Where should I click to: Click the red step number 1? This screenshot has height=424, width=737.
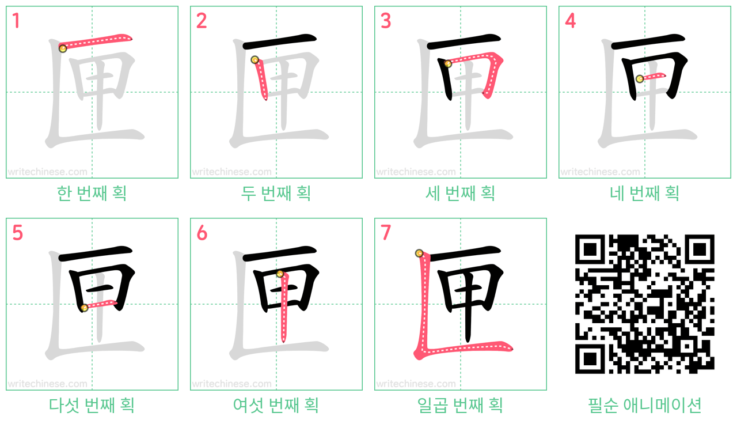click(x=16, y=21)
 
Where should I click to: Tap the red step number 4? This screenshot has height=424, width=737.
click(x=570, y=21)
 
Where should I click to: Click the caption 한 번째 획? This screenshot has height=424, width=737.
click(x=92, y=193)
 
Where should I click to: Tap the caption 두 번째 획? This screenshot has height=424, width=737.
click(x=276, y=193)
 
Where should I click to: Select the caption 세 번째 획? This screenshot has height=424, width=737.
click(x=460, y=193)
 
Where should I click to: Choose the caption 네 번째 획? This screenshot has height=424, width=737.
click(x=644, y=193)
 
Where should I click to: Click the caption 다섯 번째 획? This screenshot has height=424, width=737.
click(x=92, y=405)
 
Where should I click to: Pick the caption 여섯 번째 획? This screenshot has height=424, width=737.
click(x=276, y=405)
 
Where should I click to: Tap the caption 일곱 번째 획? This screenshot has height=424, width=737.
click(x=460, y=405)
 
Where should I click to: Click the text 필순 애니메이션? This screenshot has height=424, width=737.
click(x=644, y=405)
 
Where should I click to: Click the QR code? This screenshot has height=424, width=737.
click(x=644, y=304)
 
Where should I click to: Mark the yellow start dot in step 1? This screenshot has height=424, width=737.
click(x=63, y=49)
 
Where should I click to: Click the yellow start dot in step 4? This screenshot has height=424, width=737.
click(x=640, y=79)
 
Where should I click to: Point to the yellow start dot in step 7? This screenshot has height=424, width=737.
click(x=419, y=253)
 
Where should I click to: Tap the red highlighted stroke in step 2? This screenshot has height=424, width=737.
click(x=261, y=79)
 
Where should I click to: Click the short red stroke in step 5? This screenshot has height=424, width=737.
click(x=100, y=305)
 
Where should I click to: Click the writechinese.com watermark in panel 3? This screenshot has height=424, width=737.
click(x=416, y=172)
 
